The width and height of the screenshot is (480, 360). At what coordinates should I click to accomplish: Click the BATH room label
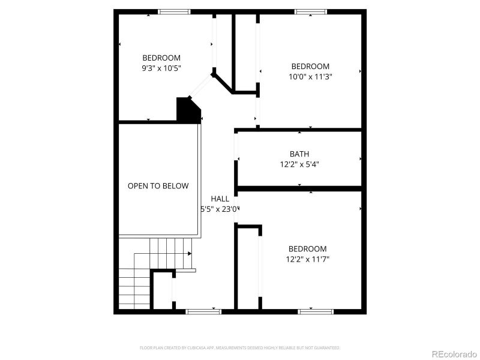point(299,154)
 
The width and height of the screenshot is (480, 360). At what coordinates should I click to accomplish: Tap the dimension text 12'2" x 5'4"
point(299,164)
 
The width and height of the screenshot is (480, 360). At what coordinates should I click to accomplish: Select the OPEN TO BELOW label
point(158,186)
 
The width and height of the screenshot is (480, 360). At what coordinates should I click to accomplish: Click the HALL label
point(220,199)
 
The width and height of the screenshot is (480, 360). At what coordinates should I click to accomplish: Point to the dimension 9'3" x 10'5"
point(161,68)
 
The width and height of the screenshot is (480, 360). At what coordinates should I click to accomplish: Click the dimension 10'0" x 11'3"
point(310,76)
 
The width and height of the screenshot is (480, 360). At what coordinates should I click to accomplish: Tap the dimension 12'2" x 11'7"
point(308,259)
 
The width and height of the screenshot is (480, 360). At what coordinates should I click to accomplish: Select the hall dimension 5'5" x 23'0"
point(220,209)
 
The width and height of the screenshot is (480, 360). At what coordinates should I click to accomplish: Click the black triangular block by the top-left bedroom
point(187,112)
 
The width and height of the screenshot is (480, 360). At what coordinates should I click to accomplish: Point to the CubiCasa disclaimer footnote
point(240,347)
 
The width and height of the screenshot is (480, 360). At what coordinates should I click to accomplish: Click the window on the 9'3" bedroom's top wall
point(174,11)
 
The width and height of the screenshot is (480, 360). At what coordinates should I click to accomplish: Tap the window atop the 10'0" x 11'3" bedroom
point(311,11)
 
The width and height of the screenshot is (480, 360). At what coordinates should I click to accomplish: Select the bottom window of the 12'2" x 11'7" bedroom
point(316,311)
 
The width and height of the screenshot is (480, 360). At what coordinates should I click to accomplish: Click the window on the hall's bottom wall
point(203,311)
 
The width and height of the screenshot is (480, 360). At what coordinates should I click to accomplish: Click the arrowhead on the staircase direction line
point(190,254)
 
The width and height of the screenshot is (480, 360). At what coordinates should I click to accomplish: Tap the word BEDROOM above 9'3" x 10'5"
point(161,58)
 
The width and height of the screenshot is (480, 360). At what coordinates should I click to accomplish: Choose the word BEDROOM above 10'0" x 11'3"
point(310,66)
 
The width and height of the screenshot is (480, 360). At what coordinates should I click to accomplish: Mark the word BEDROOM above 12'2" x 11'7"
point(308,249)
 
